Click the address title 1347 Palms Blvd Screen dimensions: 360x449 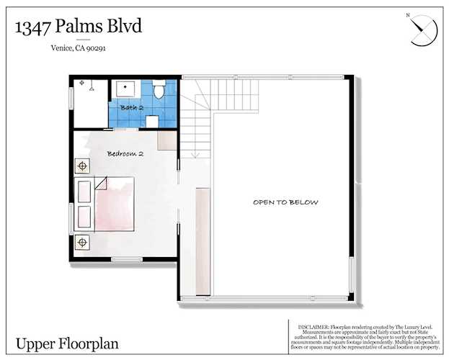tap(79, 27)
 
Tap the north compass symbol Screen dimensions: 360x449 tap(422, 30)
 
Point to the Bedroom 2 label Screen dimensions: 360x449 tap(125, 154)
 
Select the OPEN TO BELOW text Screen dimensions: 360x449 tap(285, 202)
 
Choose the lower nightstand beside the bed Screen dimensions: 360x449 tap(82, 240)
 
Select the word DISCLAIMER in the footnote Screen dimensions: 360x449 tap(308, 325)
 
